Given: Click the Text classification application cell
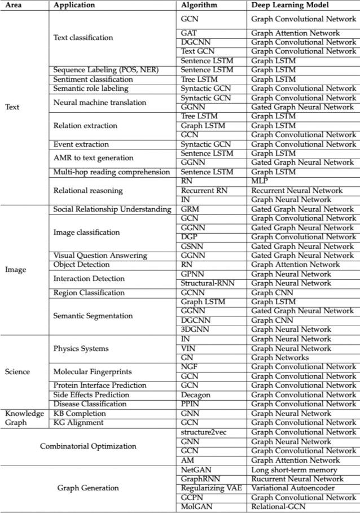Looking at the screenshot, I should [83, 38].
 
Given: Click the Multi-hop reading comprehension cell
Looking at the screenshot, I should [111, 172].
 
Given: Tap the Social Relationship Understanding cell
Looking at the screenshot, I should [112, 209].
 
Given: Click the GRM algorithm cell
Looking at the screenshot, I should [190, 209].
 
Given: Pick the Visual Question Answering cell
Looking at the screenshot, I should [93, 256].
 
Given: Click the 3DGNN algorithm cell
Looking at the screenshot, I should [194, 330].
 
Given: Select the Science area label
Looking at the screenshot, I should [17, 372].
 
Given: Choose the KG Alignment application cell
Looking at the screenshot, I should [78, 423].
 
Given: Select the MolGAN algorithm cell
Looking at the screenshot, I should [195, 507].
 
